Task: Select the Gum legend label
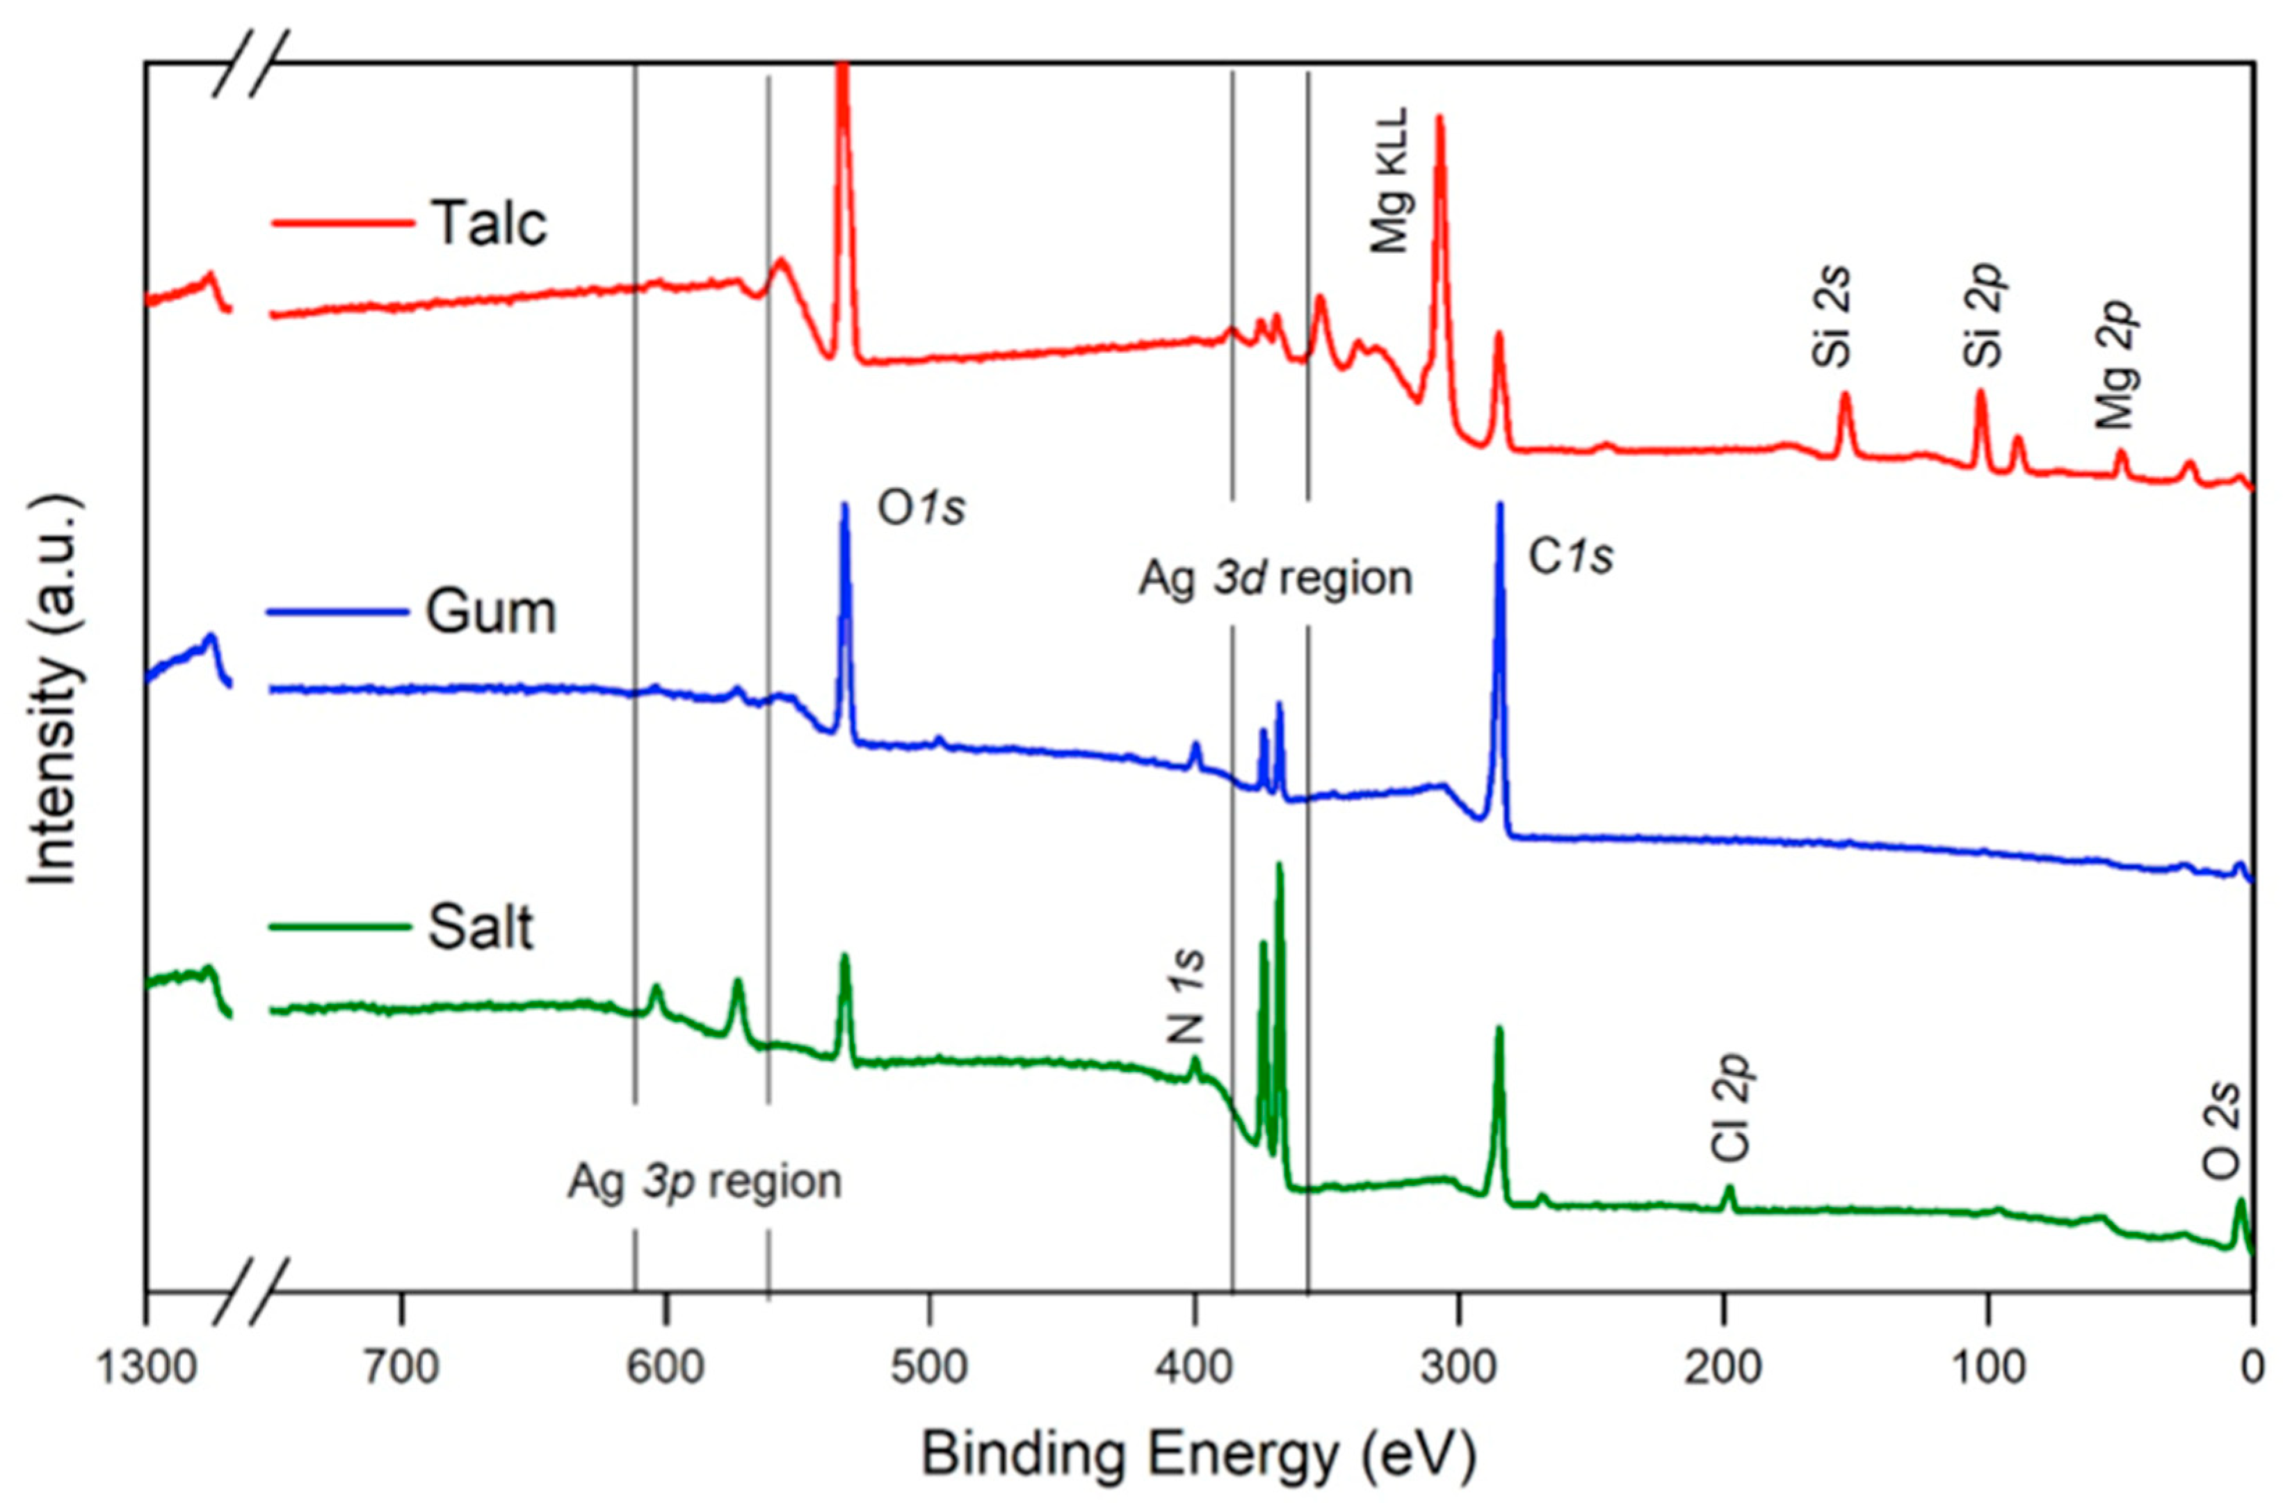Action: click(x=490, y=611)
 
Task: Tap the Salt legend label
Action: click(x=480, y=929)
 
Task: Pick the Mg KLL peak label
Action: click(x=1390, y=180)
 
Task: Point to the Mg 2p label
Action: click(x=2115, y=364)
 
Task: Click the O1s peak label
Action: click(x=921, y=510)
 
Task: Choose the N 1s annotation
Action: click(x=1186, y=998)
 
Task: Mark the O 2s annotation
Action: click(x=2222, y=1131)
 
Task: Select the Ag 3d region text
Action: click(x=1276, y=579)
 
